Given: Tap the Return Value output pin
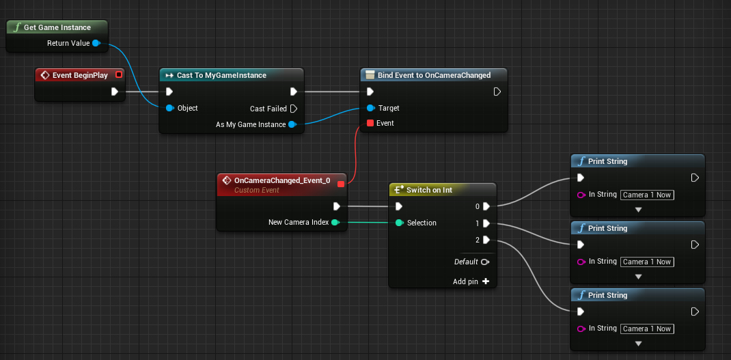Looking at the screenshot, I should [x=96, y=43].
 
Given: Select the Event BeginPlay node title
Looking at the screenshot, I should [x=80, y=75].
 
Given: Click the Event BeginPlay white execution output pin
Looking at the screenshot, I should [x=115, y=92].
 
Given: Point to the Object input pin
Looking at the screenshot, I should [x=169, y=108].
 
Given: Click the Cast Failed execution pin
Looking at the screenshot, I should [x=293, y=108].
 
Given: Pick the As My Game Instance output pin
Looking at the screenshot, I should [x=292, y=124].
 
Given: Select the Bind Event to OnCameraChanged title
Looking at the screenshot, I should [x=434, y=75].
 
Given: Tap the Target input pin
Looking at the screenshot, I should [x=370, y=108].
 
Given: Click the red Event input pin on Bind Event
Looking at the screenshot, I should [x=370, y=123].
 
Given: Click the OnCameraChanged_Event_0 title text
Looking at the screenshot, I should [x=281, y=180].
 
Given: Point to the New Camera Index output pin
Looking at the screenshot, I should [x=335, y=222].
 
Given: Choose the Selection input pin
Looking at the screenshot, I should [x=399, y=223].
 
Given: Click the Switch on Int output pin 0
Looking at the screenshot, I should [x=486, y=206].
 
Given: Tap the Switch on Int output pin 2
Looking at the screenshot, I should [x=486, y=240].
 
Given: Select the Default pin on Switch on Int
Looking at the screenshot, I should [x=485, y=262].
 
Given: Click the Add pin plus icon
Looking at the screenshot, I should [x=486, y=281].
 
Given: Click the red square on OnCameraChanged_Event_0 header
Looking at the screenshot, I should [x=341, y=183].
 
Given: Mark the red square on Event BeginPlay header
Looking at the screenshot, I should [x=119, y=74].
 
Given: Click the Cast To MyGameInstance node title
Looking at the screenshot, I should [x=221, y=75].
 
